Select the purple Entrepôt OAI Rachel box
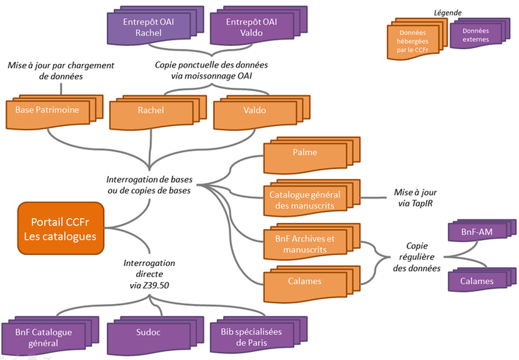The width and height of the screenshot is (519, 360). coord(148,28)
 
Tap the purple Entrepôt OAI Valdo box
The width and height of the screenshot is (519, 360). coord(251,28)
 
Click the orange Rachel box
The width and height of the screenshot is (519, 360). coord(151,111)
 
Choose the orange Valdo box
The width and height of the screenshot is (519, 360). coord(254,111)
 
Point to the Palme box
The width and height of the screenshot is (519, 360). coord(305,153)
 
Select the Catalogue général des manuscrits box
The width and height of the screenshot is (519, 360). coord(305,200)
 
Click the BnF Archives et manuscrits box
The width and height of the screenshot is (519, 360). coord(305,244)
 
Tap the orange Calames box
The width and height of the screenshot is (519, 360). coord(305,282)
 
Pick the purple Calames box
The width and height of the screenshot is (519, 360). coord(476,282)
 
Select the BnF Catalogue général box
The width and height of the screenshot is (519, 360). coord(44,338)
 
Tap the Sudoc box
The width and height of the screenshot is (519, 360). coord(149,333)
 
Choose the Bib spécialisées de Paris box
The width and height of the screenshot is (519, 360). coord(251,338)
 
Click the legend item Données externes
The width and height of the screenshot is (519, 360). coord(476,35)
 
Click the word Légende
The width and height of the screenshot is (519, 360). coord(448,12)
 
